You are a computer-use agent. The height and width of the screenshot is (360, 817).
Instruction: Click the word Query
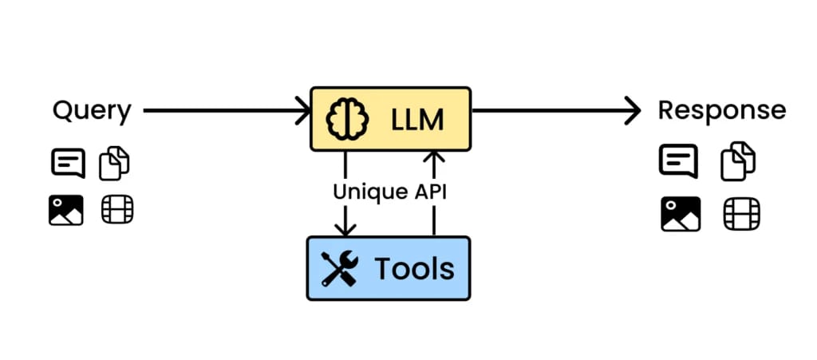pos(92,112)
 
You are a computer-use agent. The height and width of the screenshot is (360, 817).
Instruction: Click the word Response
pos(721,111)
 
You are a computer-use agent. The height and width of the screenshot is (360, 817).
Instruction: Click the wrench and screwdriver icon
pos(340,269)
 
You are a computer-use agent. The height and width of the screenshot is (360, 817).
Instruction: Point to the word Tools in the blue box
pos(414,269)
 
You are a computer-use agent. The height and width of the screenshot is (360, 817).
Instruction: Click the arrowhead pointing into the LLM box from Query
pos(304,111)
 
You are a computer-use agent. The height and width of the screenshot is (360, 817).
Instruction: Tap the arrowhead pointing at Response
pos(633,111)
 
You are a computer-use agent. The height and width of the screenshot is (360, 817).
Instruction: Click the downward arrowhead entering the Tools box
pos(345,229)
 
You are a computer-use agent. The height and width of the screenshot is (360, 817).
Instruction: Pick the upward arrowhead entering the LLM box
pos(433,158)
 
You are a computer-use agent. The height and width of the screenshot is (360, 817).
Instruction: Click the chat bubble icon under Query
pos(68,164)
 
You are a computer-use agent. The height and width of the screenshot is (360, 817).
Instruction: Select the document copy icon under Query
pos(114,164)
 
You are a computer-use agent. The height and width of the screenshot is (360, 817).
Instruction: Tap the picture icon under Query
pos(66,210)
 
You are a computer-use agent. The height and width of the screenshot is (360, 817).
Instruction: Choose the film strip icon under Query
pos(117,210)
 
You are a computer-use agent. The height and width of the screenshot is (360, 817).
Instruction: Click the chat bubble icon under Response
pos(678,160)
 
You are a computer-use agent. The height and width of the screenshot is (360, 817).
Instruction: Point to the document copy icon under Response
pos(739,161)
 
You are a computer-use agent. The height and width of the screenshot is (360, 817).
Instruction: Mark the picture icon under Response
pos(680,214)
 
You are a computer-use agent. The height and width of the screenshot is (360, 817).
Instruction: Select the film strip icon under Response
pos(741,214)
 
